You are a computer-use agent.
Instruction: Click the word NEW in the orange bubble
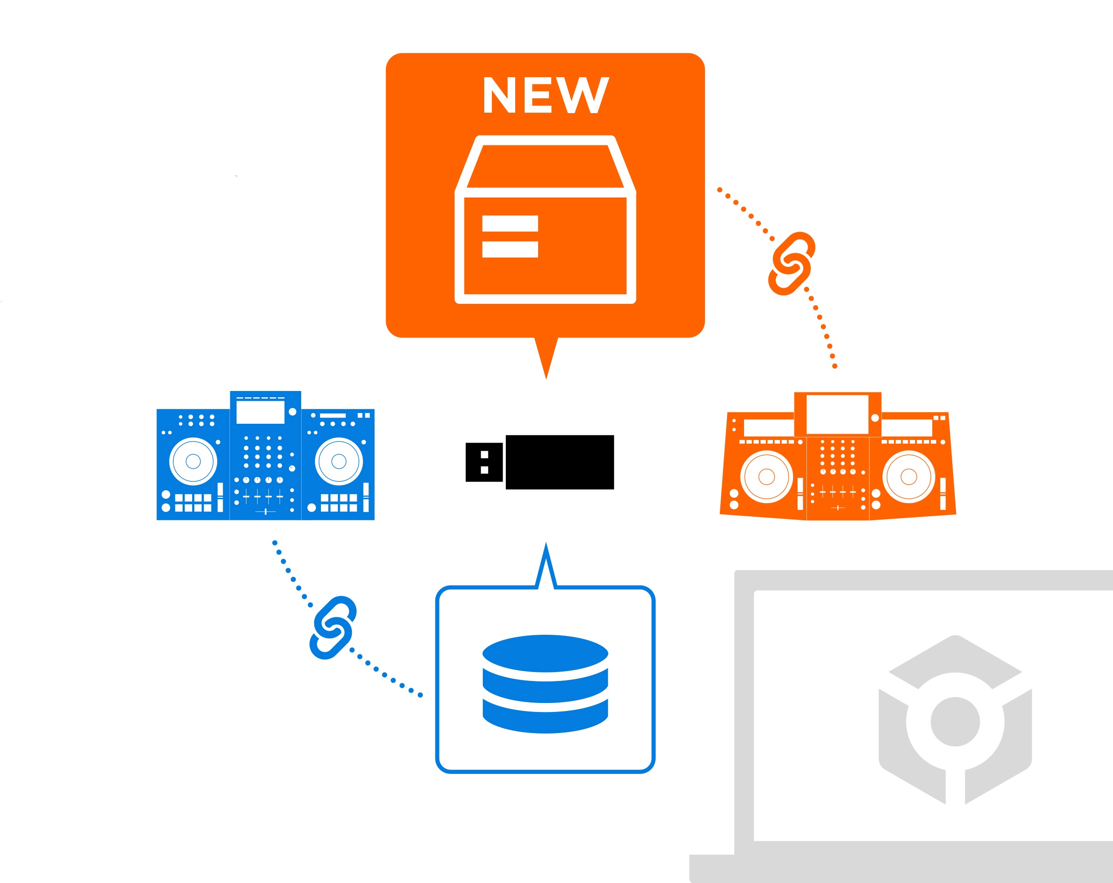pos(545,95)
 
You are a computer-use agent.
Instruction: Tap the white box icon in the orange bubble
pos(545,220)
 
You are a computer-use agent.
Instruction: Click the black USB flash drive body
pos(560,462)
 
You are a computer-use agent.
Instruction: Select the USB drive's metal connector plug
pos(484,462)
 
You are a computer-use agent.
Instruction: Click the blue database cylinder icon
pos(545,684)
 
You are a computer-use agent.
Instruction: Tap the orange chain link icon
pos(791,264)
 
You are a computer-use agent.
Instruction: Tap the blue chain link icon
pos(333,628)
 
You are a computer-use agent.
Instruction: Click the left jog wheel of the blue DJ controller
pos(193,461)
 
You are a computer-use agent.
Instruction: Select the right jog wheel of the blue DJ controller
pos(339,461)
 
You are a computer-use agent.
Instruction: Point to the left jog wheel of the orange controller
pos(767,477)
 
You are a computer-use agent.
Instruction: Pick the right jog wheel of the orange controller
pos(908,477)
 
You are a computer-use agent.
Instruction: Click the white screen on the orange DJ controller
pos(837,415)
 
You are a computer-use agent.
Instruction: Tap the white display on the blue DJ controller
pos(260,412)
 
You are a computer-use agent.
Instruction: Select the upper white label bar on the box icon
pos(510,224)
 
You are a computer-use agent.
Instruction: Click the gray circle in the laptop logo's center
pos(955,722)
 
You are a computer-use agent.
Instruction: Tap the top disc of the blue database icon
pos(545,653)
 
